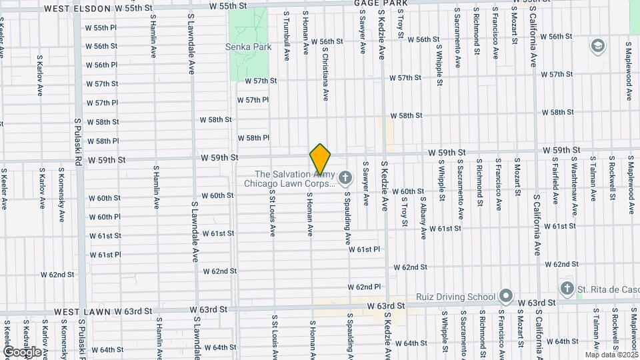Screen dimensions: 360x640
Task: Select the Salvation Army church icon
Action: tap(345, 177)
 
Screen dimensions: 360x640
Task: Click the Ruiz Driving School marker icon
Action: tap(506, 296)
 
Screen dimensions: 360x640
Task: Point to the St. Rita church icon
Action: tap(567, 288)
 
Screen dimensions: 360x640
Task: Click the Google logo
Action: tap(22, 351)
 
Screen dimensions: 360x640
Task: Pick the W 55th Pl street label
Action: tap(101, 28)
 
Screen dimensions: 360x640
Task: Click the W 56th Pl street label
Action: tap(101, 65)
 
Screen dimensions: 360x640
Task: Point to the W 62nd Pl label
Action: tap(367, 287)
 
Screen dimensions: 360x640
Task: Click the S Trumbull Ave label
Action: tap(286, 31)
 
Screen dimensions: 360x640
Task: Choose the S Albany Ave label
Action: tap(423, 213)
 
